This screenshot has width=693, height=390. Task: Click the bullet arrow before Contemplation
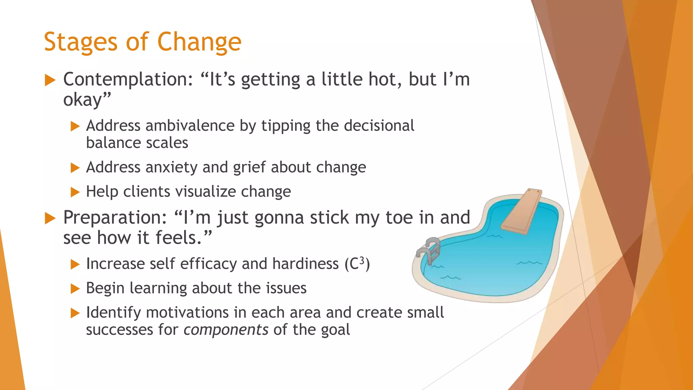point(50,80)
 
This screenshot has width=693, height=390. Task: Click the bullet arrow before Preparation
point(50,218)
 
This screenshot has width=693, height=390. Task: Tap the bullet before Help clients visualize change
point(75,192)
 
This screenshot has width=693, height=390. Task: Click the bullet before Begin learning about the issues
point(75,289)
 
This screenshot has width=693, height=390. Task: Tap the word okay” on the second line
point(87,100)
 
